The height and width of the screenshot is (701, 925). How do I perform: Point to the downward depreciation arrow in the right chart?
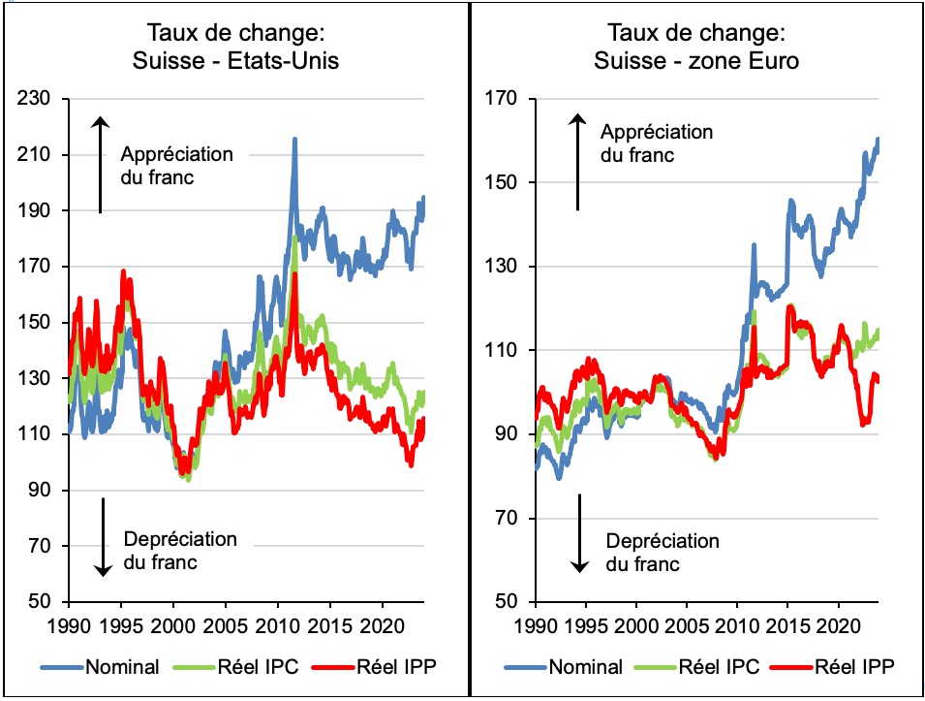point(578,532)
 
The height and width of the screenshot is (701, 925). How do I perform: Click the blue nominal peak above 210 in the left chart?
point(294,141)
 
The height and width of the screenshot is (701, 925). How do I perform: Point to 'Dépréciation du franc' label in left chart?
point(179,551)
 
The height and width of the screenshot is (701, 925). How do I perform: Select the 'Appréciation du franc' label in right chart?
point(656,143)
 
